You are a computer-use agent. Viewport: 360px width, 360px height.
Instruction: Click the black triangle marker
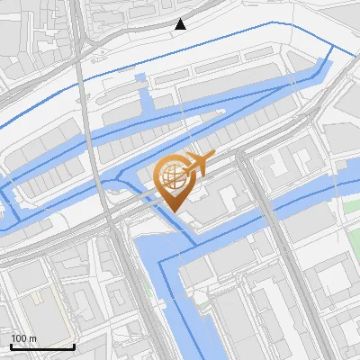181,24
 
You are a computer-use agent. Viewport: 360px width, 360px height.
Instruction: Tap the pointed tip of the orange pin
171,211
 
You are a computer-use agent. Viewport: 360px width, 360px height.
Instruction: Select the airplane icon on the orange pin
199,164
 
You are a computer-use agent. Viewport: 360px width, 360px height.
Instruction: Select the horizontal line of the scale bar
42,347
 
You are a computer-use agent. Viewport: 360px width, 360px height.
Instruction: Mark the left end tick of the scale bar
11,346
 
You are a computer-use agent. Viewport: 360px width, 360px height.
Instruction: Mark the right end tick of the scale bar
74,346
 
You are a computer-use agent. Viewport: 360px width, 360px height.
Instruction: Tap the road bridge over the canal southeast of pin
265,211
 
